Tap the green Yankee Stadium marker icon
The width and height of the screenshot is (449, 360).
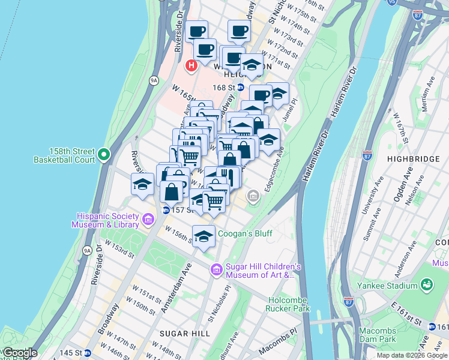(427, 283)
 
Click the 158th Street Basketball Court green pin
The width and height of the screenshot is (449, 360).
(104, 155)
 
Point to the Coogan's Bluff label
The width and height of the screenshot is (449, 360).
(245, 233)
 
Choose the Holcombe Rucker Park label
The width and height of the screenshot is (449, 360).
(288, 304)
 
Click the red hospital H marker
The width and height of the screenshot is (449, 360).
(191, 65)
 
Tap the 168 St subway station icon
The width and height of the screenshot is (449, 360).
(240, 88)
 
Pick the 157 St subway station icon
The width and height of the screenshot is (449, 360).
(165, 210)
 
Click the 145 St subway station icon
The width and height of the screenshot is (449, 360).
(88, 353)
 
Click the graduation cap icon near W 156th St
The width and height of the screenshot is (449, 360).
(203, 235)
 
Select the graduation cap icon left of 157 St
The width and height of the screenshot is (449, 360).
(142, 184)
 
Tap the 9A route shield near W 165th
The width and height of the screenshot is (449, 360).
(154, 80)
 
